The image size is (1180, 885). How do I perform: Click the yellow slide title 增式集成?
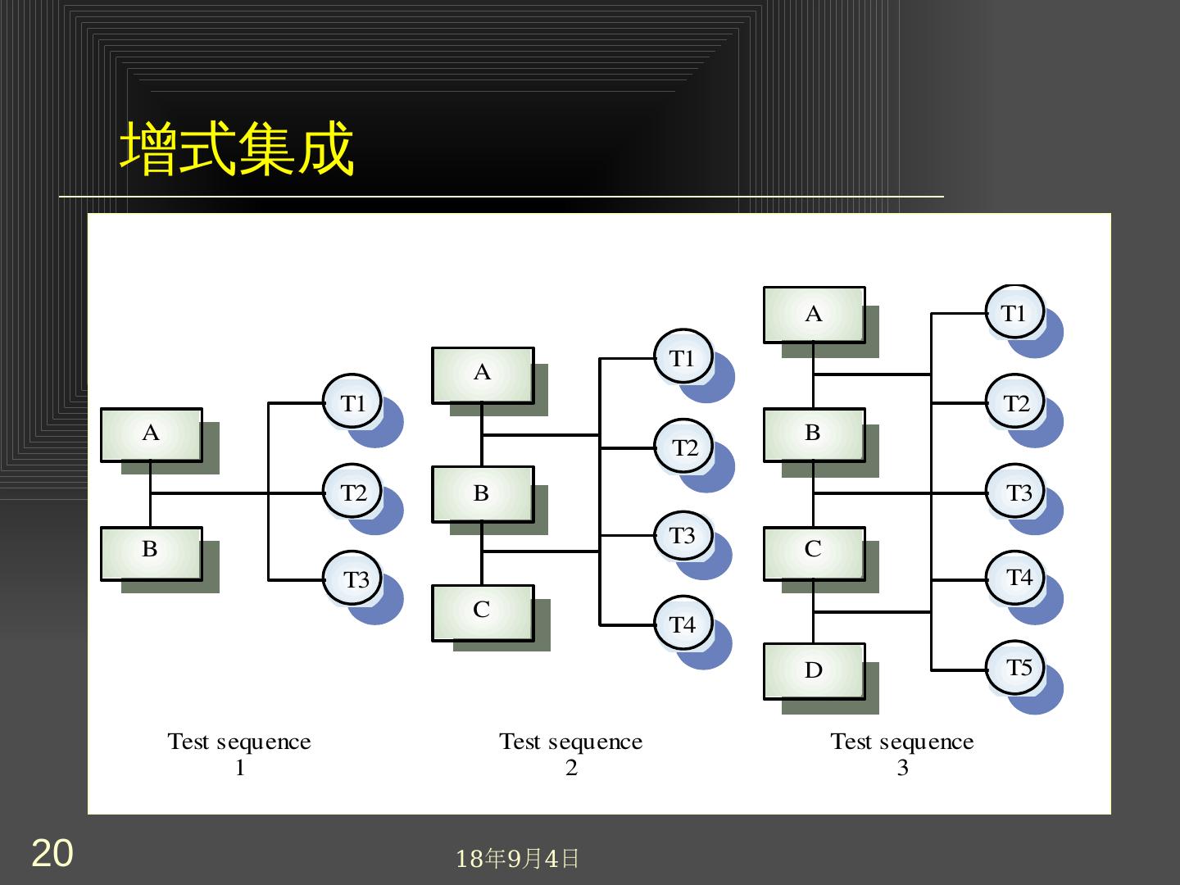pyautogui.click(x=238, y=149)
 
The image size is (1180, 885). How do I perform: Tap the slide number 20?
pyautogui.click(x=52, y=853)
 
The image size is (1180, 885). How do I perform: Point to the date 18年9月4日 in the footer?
pyautogui.click(x=517, y=858)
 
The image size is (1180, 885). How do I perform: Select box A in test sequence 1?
pyautogui.click(x=152, y=434)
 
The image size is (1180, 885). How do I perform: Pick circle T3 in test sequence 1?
pyautogui.click(x=352, y=579)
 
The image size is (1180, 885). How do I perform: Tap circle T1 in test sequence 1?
pyautogui.click(x=352, y=402)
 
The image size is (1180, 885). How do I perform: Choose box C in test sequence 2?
pyautogui.click(x=483, y=612)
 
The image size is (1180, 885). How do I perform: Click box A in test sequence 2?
pyautogui.click(x=483, y=374)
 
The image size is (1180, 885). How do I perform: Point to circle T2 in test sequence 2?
pyautogui.click(x=683, y=447)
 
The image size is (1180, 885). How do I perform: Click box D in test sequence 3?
pyautogui.click(x=814, y=670)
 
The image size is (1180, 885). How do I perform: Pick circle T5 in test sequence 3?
pyautogui.click(x=1016, y=668)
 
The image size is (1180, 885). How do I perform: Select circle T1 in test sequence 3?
pyautogui.click(x=1014, y=313)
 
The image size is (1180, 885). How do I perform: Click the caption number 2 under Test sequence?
pyautogui.click(x=571, y=769)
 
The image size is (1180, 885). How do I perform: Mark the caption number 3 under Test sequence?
pyautogui.click(x=902, y=769)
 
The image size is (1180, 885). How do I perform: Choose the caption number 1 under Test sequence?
pyautogui.click(x=240, y=769)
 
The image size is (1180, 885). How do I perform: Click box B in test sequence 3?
pyautogui.click(x=814, y=434)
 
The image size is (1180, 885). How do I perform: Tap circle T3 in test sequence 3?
pyautogui.click(x=1016, y=492)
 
